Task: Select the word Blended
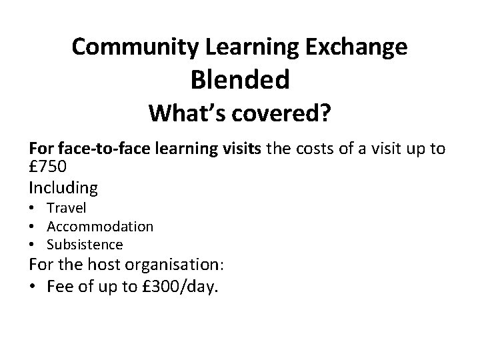pos(240,80)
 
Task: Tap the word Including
pos(63,188)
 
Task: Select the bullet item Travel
pos(67,209)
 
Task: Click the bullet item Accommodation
pos(99,227)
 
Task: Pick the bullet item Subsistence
pos(85,245)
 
